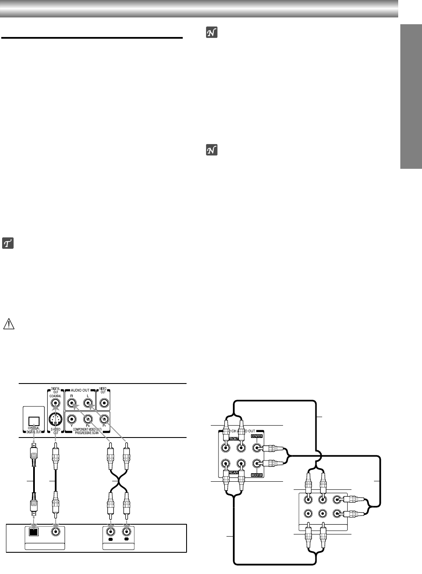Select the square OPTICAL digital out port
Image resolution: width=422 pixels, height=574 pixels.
pyautogui.click(x=34, y=421)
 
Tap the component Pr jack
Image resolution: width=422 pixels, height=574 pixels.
pyautogui.click(x=103, y=419)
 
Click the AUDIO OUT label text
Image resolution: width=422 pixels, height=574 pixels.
pyautogui.click(x=80, y=390)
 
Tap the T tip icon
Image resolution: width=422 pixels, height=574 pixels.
pyautogui.click(x=8, y=244)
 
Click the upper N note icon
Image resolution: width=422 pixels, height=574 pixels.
pyautogui.click(x=211, y=32)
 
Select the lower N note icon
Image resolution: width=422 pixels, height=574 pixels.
pyautogui.click(x=211, y=150)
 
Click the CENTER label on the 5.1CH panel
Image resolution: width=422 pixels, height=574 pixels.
pyautogui.click(x=257, y=436)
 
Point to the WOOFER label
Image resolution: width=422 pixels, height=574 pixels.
pyautogui.click(x=257, y=475)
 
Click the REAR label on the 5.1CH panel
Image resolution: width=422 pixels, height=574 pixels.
pyautogui.click(x=233, y=472)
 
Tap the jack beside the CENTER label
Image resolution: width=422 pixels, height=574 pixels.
pyautogui.click(x=257, y=448)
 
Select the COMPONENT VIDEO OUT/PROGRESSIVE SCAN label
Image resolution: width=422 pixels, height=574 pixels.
pyautogui.click(x=86, y=431)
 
